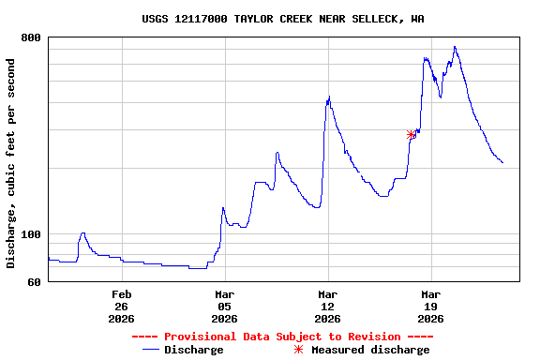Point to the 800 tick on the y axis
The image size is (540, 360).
pos(31,37)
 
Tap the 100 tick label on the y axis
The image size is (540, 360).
pos(31,234)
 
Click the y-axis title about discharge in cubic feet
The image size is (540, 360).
pos(11,163)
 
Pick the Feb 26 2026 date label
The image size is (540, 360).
pos(121,307)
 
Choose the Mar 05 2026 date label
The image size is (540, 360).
pos(224,307)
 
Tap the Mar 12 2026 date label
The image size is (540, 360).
pos(327,307)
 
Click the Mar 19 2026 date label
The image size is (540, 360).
pos(430,307)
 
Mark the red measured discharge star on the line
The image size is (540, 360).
pos(412,135)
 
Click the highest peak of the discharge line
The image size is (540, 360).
pos(455,47)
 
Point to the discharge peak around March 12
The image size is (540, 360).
pos(328,97)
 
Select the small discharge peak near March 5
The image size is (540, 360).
pos(222,208)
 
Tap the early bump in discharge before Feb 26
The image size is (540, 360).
pos(82,233)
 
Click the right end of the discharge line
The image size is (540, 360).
pos(502,163)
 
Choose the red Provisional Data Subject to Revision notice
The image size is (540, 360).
pos(282,337)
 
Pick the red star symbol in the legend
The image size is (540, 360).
pos(299,350)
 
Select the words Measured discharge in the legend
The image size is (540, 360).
pos(370,350)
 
